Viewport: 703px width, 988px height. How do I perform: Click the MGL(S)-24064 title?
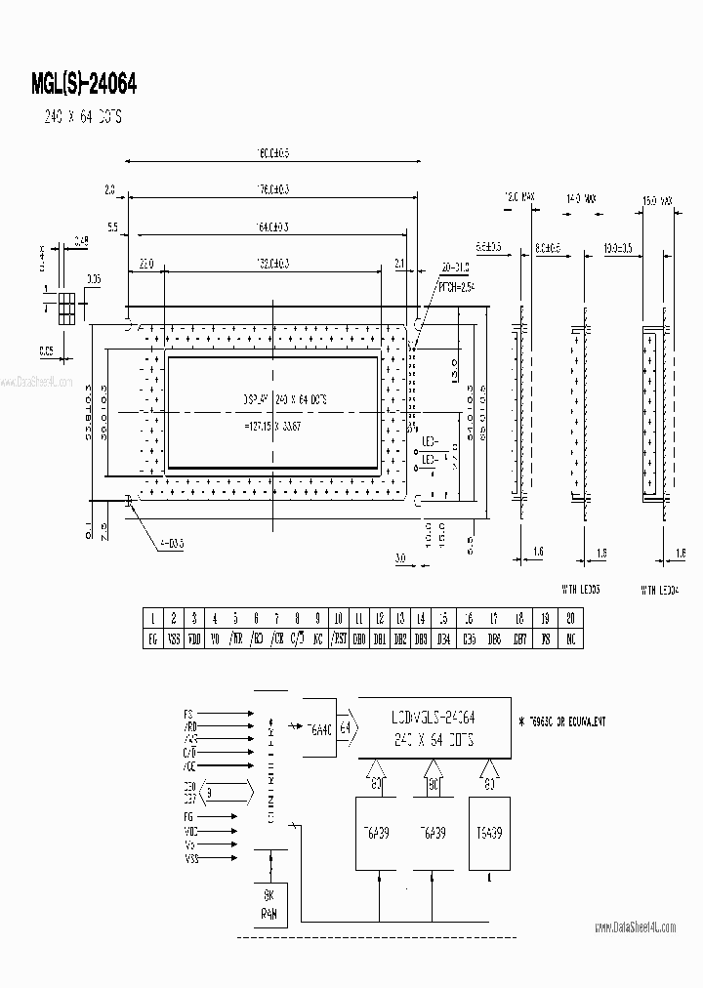(x=84, y=84)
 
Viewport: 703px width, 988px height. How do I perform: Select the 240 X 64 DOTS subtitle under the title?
(x=81, y=117)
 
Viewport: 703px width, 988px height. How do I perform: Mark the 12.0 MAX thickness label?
(x=519, y=198)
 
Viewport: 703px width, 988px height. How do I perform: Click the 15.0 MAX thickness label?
(x=657, y=202)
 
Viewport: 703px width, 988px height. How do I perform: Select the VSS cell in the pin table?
(x=174, y=639)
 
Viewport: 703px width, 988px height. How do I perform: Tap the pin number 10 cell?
(x=338, y=618)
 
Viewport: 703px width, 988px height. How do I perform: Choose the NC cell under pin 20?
(x=570, y=639)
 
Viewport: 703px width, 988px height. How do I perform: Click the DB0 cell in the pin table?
(x=358, y=639)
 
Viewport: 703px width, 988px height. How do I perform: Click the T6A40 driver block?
(x=317, y=726)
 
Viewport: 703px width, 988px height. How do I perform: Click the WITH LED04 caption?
(x=671, y=590)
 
